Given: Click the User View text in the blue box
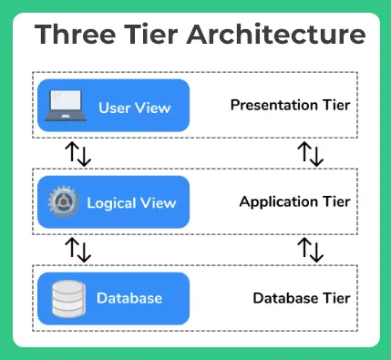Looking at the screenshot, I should (134, 108).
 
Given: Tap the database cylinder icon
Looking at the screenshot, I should (65, 298).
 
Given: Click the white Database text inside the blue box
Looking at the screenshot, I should (129, 298).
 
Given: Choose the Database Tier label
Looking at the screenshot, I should (301, 298).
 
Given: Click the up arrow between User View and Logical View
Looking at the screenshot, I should (71, 153).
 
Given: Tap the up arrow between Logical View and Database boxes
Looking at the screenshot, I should (71, 249).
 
